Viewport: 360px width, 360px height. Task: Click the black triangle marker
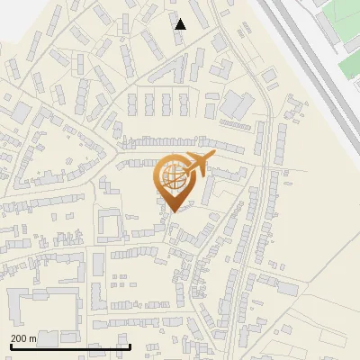[x=181, y=24]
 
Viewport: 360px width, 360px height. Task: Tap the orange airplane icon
[x=197, y=165]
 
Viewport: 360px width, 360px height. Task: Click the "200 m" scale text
[x=23, y=338]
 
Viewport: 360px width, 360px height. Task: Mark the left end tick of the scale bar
[x=11, y=346]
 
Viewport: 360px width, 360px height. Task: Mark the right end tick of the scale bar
[x=130, y=346]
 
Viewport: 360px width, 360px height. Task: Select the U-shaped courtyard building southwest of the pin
[x=109, y=224]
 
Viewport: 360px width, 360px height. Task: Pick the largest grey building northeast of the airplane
[x=238, y=103]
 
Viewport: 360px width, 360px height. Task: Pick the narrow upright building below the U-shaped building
[x=98, y=265]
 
